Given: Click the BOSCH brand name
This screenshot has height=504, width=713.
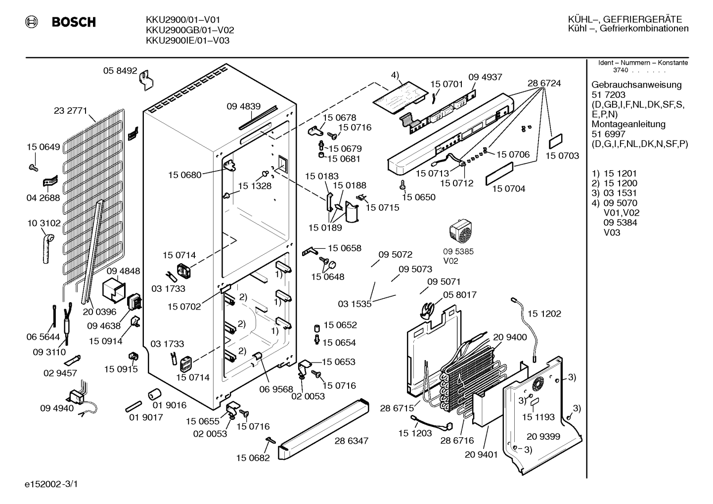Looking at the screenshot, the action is (x=74, y=22).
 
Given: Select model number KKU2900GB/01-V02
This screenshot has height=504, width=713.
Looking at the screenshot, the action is (x=190, y=30).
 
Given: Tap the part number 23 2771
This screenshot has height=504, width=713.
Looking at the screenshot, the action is (x=70, y=110).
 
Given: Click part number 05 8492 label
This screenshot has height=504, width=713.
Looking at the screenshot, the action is (x=120, y=71).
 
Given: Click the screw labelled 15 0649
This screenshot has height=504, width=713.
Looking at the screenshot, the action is (x=33, y=167).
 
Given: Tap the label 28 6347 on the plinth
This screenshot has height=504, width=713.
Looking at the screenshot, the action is (x=352, y=441).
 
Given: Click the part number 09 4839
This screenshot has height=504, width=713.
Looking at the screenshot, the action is (x=243, y=106).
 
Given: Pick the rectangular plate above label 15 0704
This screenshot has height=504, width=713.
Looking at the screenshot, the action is (x=499, y=174).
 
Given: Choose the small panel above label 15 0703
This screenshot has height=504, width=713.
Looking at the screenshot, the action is (x=556, y=141).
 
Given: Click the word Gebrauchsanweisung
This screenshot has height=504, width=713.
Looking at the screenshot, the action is (x=636, y=85).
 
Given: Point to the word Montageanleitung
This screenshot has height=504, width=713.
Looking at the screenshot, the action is (x=628, y=124).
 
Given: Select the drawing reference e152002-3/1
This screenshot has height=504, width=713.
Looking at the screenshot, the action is (x=51, y=484).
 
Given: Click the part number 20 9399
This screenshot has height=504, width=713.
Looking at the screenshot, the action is (x=543, y=436).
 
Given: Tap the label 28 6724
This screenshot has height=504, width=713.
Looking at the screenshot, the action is (x=544, y=83).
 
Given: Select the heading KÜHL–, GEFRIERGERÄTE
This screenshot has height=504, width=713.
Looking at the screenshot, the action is (x=624, y=19).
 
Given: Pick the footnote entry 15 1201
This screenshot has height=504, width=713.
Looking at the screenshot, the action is (x=620, y=174).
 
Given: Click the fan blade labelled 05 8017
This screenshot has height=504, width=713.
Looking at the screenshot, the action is (x=427, y=311).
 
